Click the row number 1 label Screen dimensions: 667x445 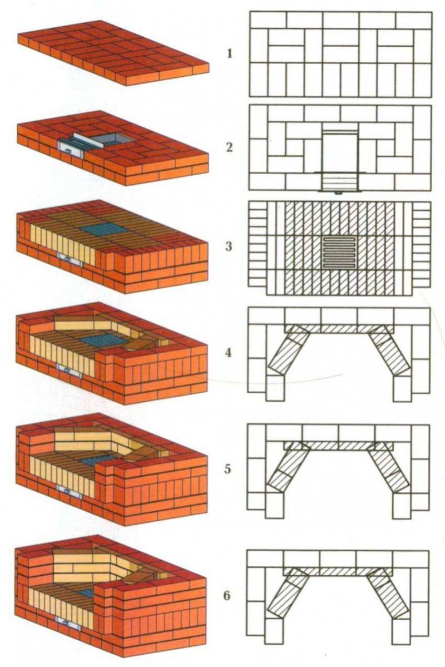pyautogui.click(x=229, y=54)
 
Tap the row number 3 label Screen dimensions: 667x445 pyautogui.click(x=229, y=246)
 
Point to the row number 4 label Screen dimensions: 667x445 pyautogui.click(x=229, y=353)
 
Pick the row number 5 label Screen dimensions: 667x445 pyautogui.click(x=228, y=468)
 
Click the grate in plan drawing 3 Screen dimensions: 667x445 pyautogui.click(x=339, y=253)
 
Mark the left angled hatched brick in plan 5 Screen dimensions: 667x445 pyautogui.click(x=288, y=467)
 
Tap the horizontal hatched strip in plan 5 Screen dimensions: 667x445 pyautogui.click(x=339, y=446)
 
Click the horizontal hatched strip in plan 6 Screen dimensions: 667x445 pyautogui.click(x=339, y=571)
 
